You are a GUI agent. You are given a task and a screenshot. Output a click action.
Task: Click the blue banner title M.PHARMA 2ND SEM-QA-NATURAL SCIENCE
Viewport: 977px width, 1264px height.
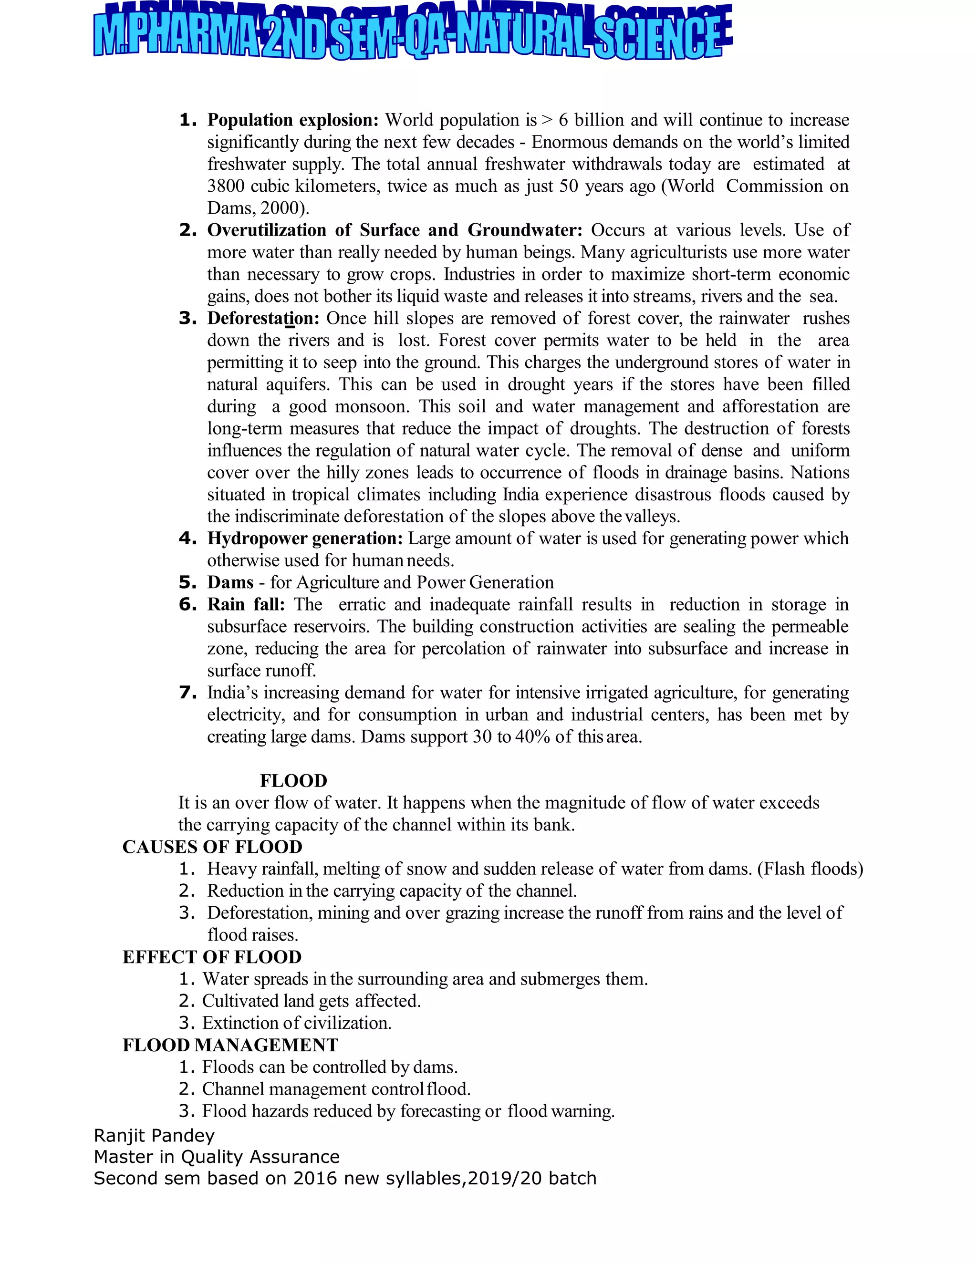[412, 36]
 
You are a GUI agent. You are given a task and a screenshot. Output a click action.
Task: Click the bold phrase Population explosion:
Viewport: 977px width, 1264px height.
[293, 120]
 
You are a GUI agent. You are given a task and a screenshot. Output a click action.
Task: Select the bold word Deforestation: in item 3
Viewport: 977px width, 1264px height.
[263, 318]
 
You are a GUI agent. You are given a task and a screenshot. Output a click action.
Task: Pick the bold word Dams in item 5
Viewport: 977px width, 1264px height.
[230, 582]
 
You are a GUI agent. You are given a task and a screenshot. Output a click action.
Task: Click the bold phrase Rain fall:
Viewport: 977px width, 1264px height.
[246, 604]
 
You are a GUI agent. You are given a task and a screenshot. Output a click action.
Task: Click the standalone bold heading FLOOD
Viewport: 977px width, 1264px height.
[293, 781]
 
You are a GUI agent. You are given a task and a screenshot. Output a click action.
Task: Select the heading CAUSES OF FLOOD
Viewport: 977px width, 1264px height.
[212, 847]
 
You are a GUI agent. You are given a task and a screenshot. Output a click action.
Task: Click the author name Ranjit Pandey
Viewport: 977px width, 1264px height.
[154, 1136]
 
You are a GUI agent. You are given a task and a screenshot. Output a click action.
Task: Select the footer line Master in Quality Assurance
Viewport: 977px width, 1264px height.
[217, 1157]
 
